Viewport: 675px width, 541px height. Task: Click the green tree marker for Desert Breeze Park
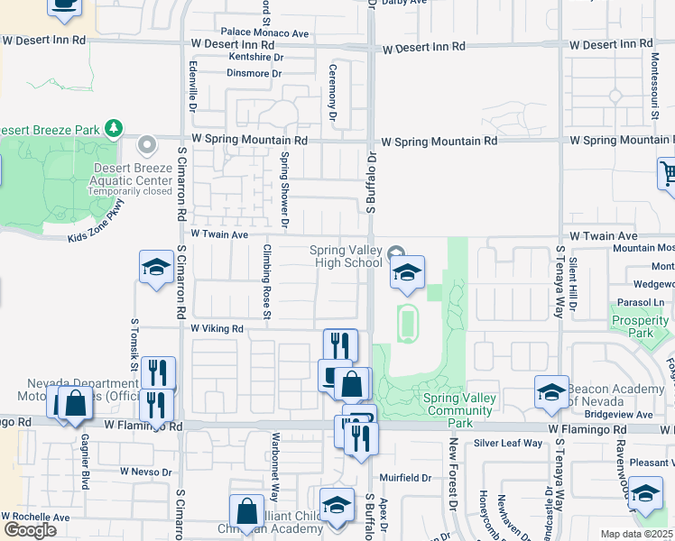coord(113,129)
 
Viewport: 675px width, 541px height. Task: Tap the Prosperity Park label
coord(640,326)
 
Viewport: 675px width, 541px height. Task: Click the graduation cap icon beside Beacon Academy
coord(550,392)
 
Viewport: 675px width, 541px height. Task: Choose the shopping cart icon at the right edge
coord(666,174)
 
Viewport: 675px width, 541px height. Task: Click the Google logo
coord(30,529)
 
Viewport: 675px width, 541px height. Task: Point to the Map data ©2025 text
coord(636,534)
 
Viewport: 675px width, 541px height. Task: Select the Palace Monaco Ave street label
coord(258,33)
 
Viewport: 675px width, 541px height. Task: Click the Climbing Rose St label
coord(267,281)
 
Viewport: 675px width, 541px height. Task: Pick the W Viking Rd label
coord(217,329)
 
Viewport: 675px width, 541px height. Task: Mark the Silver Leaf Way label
coord(508,443)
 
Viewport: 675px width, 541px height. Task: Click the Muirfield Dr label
coord(405,477)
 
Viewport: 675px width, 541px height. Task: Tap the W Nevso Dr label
coord(145,471)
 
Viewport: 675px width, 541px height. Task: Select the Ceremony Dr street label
coord(332,92)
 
